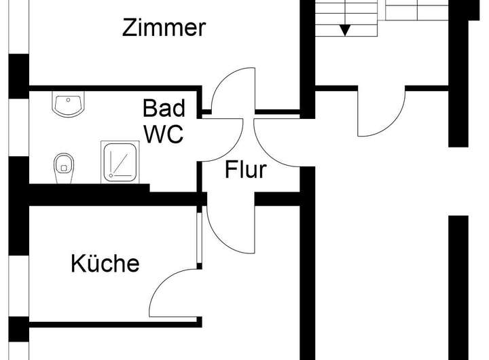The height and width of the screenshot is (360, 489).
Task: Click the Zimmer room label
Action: point(164,28)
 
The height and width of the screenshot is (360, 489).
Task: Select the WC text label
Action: point(163,134)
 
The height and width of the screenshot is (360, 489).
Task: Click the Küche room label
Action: point(105,263)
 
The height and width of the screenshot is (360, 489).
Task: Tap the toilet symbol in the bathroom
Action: point(64,164)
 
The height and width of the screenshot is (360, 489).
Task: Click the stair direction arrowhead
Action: point(346,29)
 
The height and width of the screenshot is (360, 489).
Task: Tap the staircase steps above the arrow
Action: point(346,10)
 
